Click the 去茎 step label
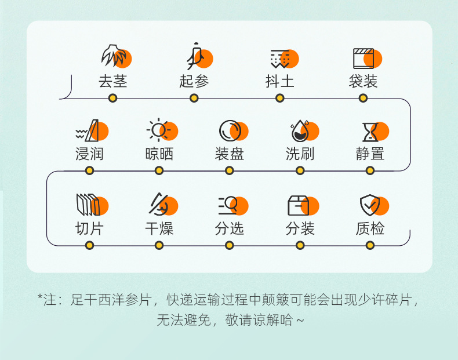112,81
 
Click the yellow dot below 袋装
363,98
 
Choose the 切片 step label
89,228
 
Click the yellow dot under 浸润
89,170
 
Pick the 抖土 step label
279,81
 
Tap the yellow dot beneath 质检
370,245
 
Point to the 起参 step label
194,81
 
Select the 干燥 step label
159,228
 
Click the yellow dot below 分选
230,245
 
